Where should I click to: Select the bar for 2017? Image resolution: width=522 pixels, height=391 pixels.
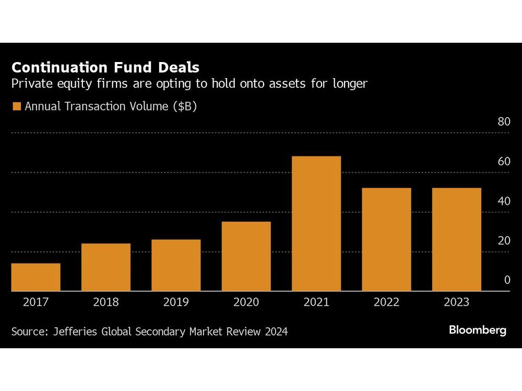[35, 277]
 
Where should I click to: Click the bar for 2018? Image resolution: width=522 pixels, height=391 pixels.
[106, 267]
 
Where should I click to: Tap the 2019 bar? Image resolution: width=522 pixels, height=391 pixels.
[176, 265]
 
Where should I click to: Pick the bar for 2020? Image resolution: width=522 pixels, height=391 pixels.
[246, 256]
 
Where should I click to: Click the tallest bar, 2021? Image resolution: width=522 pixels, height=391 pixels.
[316, 223]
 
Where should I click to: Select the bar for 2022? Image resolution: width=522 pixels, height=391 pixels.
[386, 239]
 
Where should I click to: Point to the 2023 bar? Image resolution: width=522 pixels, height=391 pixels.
[456, 239]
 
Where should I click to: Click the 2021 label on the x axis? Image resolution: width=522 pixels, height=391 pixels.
[316, 302]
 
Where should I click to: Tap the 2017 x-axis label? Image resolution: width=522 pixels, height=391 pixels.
[35, 302]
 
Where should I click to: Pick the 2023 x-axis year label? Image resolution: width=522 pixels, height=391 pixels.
[456, 302]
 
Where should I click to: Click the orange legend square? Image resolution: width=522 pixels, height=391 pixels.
[16, 107]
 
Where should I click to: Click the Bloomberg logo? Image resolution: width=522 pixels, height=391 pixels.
[478, 330]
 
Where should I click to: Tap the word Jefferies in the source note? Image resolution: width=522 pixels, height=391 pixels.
[75, 332]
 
